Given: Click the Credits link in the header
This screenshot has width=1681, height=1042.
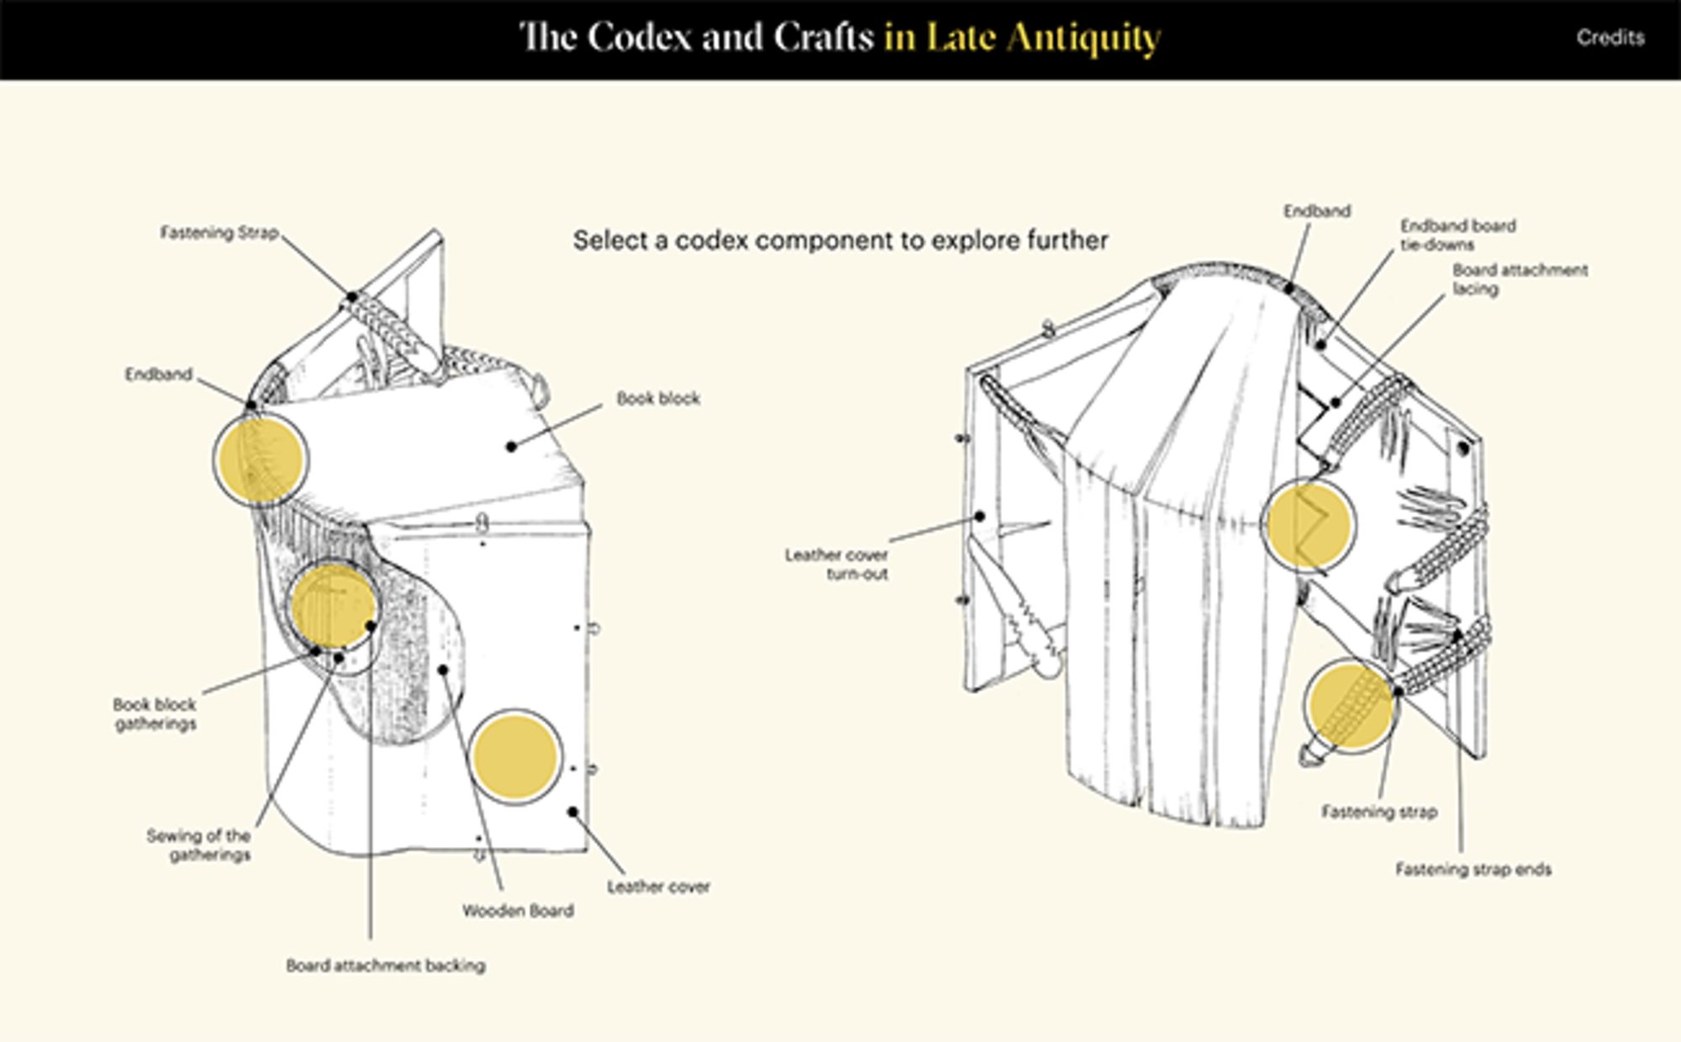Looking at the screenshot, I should [1610, 38].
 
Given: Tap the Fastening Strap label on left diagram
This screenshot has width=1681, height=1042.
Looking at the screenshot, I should [219, 233].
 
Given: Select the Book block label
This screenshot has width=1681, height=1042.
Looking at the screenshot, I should [658, 398].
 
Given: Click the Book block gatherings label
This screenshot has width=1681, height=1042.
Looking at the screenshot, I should [155, 713].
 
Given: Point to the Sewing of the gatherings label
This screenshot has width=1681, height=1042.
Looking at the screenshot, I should [199, 845].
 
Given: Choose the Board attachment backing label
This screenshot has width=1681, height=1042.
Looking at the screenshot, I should [386, 966].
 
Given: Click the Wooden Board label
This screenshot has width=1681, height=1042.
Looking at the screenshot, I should [518, 910].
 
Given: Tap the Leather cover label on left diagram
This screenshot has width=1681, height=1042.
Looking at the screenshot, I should [658, 887].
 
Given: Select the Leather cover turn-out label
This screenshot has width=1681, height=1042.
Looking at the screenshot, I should [837, 564].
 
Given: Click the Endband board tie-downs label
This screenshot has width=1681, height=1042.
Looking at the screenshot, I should [1457, 234].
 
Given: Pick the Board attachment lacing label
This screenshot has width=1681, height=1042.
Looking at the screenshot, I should [1520, 279].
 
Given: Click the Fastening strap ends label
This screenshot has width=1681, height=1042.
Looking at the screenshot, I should [1473, 869].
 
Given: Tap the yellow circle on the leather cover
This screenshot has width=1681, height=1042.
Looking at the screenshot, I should [514, 757].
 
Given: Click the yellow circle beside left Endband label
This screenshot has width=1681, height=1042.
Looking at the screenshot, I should [261, 460].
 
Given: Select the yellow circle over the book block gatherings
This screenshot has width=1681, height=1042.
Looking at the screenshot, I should [333, 606].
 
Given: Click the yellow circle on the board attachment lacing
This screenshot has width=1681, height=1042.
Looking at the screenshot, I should [1309, 525].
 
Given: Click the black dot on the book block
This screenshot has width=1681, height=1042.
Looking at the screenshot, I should [511, 446].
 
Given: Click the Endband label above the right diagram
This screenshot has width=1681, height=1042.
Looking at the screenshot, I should [1316, 211].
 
